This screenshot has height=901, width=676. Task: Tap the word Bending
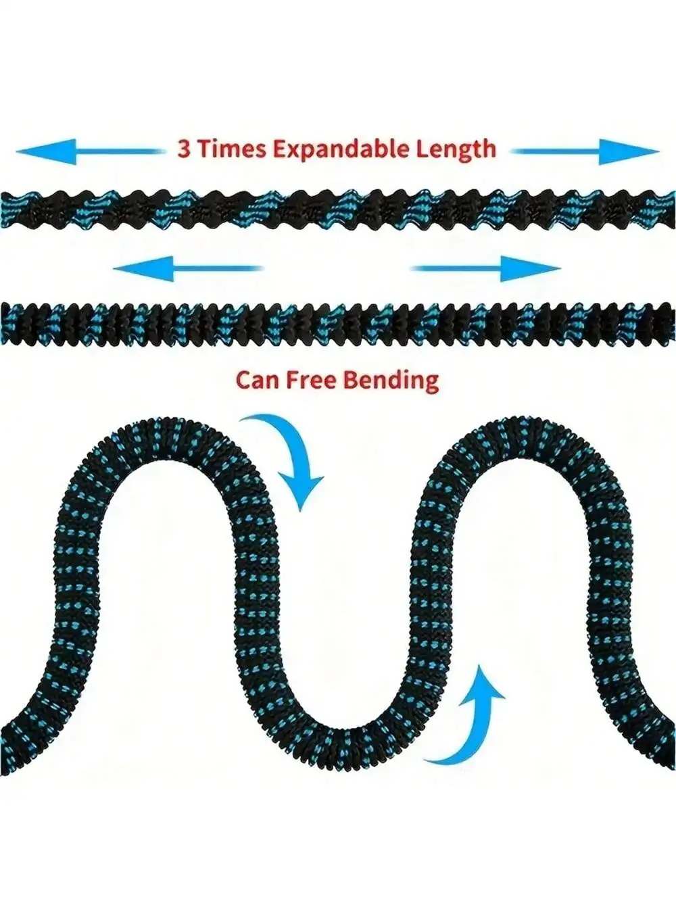pyautogui.click(x=389, y=380)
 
